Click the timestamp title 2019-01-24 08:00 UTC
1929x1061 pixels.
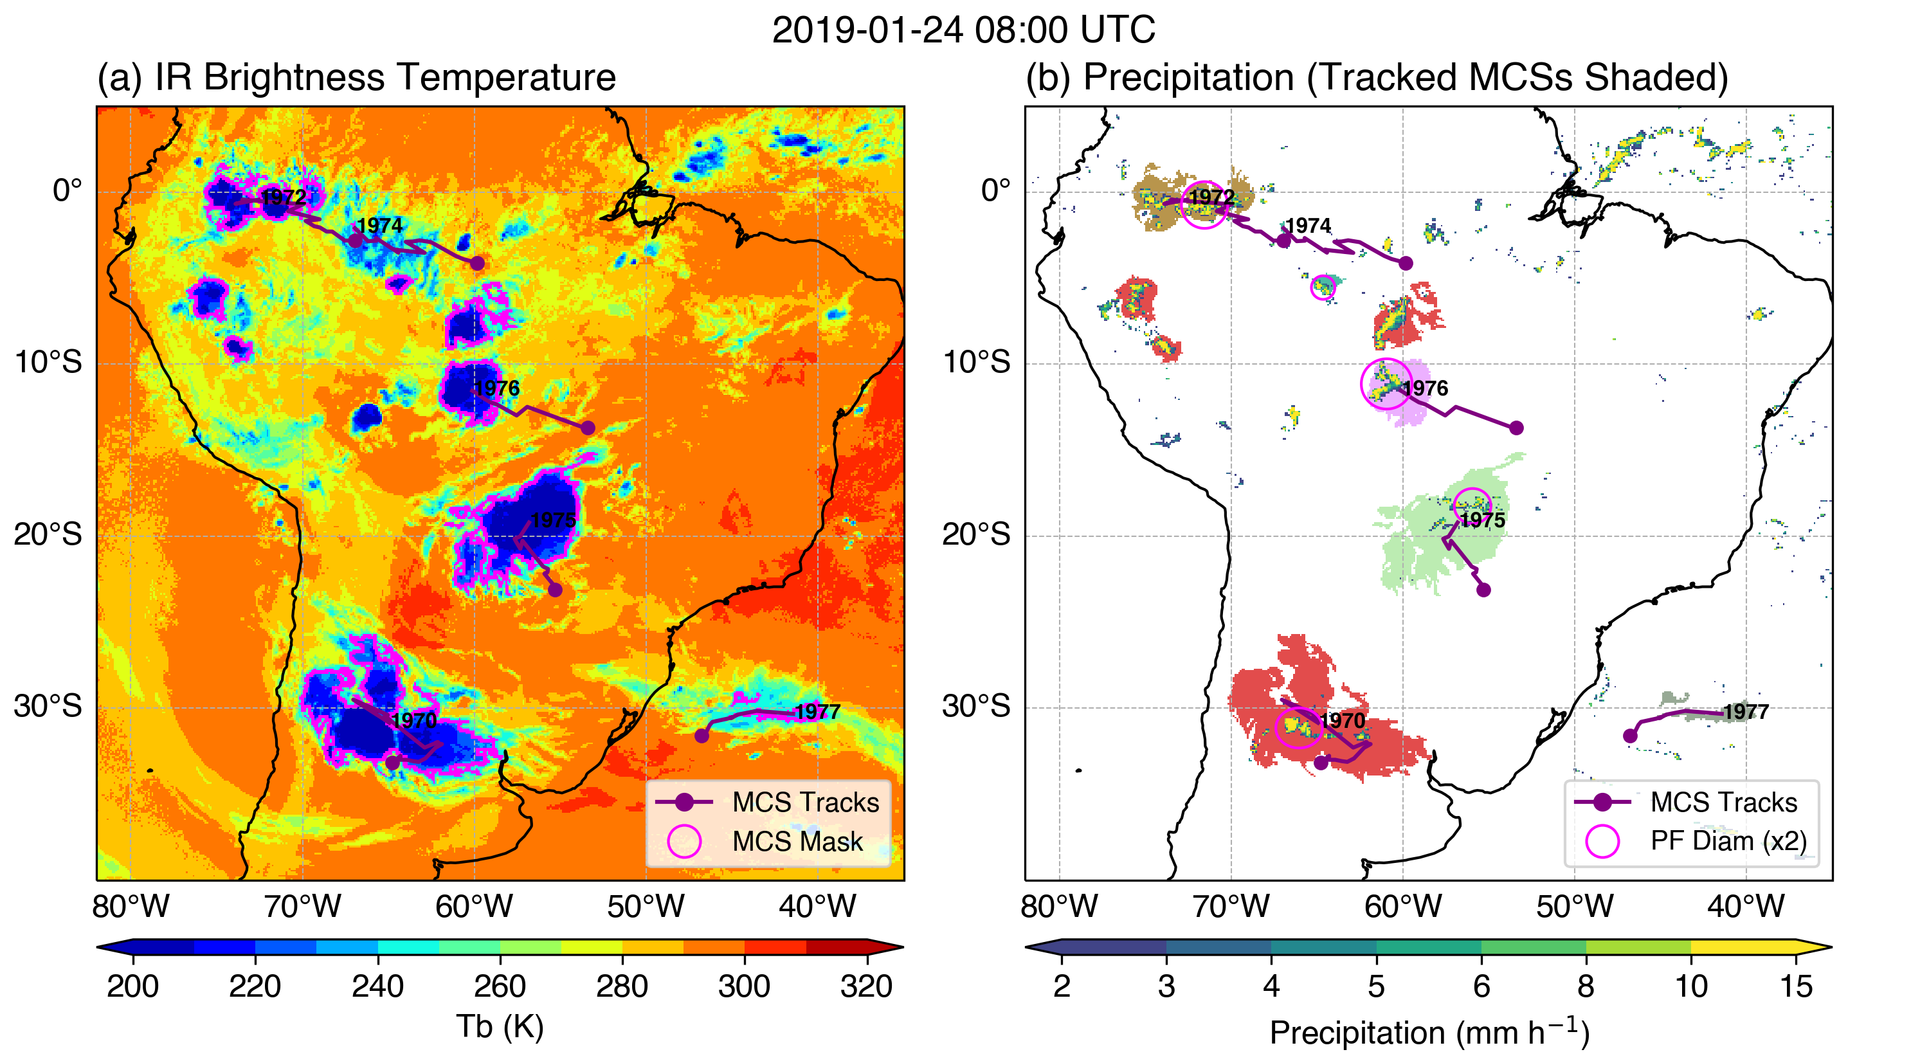point(963,30)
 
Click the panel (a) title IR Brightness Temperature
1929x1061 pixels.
point(356,77)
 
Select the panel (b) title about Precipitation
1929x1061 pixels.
point(1377,77)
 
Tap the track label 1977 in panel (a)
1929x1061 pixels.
point(817,711)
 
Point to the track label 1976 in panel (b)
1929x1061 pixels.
point(1425,388)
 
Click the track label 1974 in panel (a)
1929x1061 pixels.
point(379,225)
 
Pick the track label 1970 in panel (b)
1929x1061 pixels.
point(1343,720)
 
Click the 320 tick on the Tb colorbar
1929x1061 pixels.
point(866,986)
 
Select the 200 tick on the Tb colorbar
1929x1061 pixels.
point(132,986)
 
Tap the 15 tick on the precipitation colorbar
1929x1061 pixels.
point(1796,986)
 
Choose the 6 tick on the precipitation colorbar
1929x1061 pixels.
point(1481,986)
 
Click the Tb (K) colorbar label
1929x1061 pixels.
point(500,1026)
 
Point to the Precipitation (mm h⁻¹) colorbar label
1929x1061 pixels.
point(1429,1033)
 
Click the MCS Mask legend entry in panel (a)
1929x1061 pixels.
point(797,842)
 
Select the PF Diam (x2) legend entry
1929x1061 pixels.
point(1728,841)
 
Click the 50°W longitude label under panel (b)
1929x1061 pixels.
point(1574,907)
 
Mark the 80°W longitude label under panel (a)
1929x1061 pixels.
point(131,907)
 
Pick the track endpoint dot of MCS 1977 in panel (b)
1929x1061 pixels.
point(1630,736)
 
